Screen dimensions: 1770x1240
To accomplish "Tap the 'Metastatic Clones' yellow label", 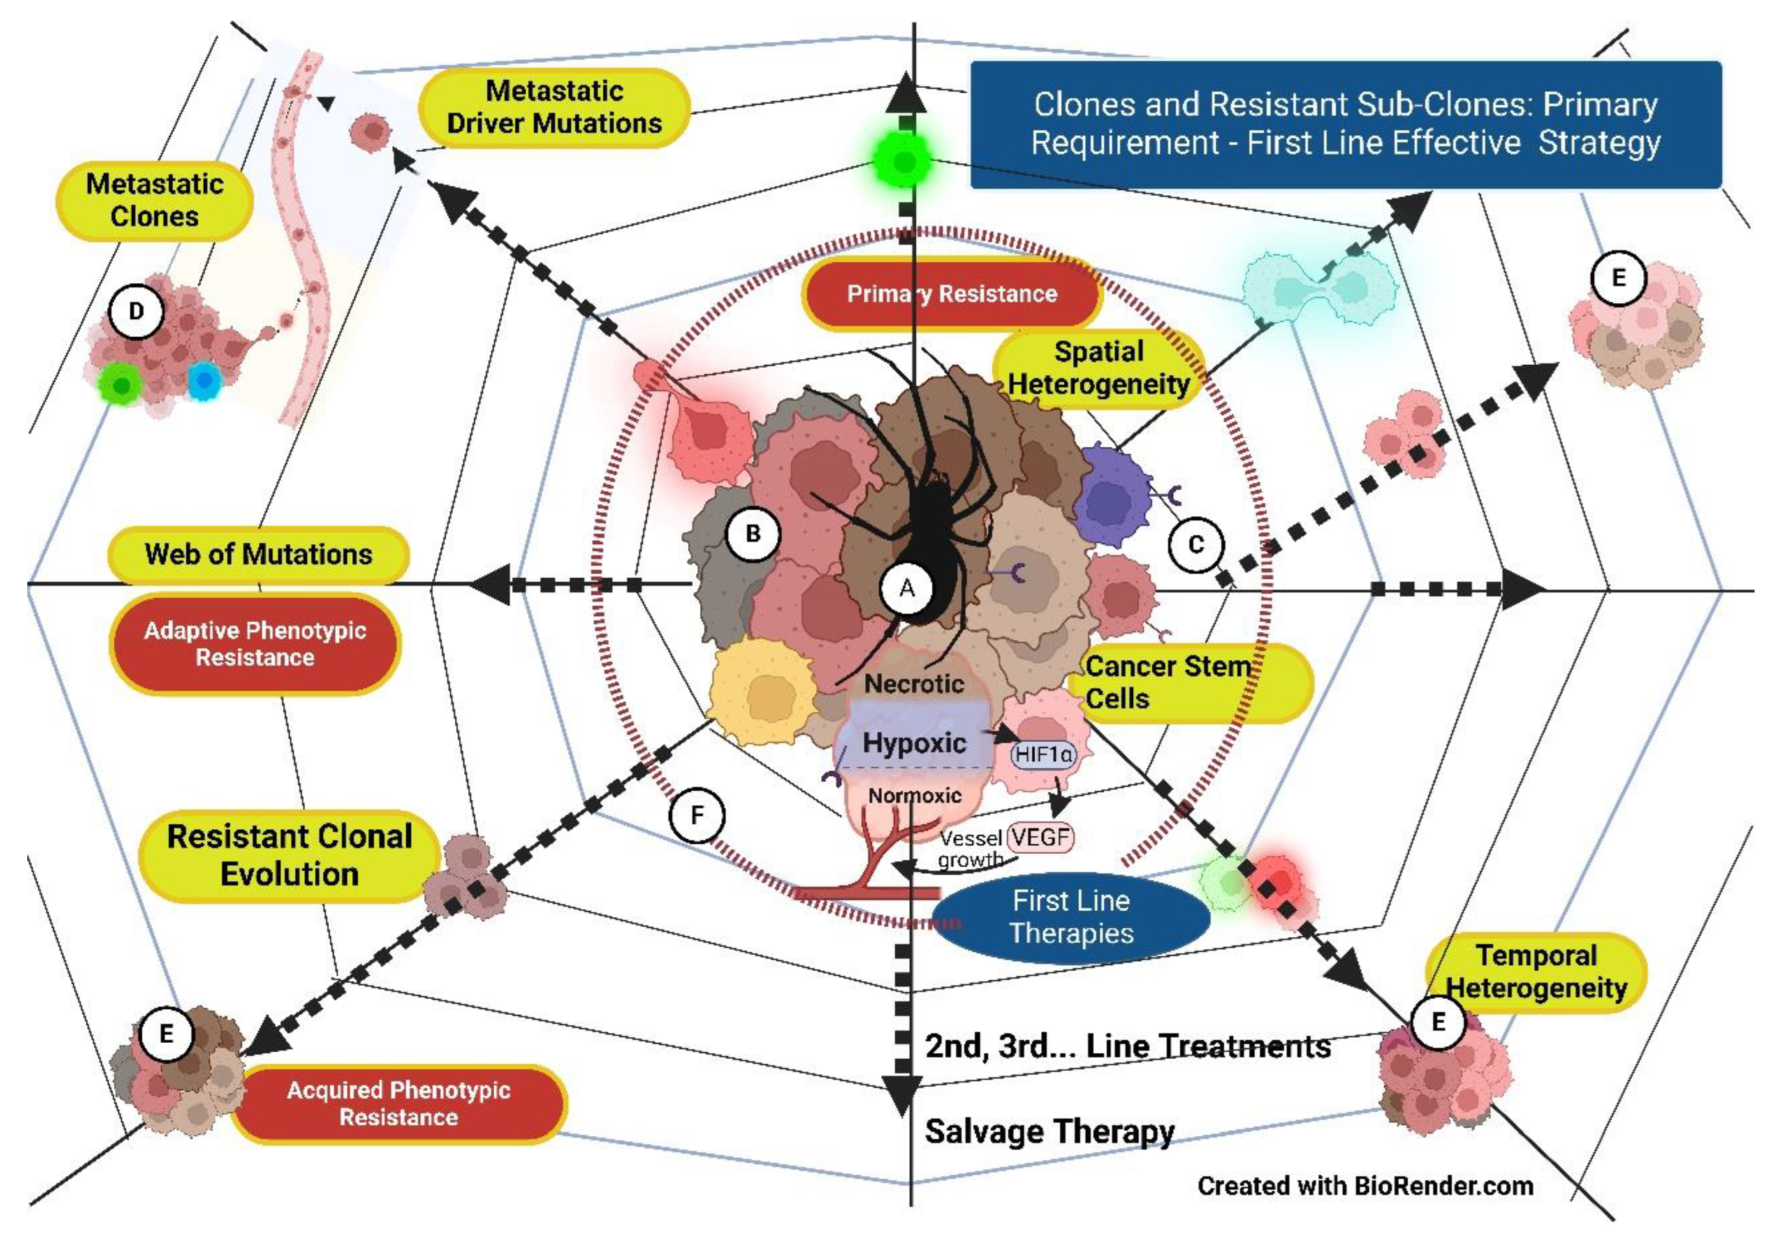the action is pyautogui.click(x=155, y=200).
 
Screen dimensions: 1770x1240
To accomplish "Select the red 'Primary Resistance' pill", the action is pyautogui.click(x=952, y=294).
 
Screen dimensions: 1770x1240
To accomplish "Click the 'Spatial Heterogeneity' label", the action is pyautogui.click(x=1099, y=369).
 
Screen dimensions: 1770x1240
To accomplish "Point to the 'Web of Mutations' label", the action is pyautogui.click(x=259, y=554).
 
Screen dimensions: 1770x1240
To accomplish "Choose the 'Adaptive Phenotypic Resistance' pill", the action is pyautogui.click(x=255, y=644).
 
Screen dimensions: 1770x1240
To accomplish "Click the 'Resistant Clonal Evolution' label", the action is pyautogui.click(x=290, y=855).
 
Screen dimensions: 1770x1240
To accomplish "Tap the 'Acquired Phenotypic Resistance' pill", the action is pyautogui.click(x=399, y=1104).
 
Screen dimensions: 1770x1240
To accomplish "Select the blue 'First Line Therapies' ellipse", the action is pyautogui.click(x=1071, y=917).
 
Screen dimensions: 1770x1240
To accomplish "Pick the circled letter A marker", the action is pyautogui.click(x=907, y=589).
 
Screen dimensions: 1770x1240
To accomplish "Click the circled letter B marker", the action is pyautogui.click(x=753, y=533).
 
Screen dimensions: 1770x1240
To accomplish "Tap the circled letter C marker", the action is pyautogui.click(x=1196, y=545).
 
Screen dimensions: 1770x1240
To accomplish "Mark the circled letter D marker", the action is pyautogui.click(x=136, y=311).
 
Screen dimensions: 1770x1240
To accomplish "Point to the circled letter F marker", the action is pyautogui.click(x=697, y=815).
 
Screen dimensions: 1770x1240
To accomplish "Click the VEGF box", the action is pyautogui.click(x=1041, y=837).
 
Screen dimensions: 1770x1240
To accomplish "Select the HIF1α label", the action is pyautogui.click(x=1043, y=754).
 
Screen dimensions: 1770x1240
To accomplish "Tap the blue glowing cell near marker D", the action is pyautogui.click(x=204, y=380).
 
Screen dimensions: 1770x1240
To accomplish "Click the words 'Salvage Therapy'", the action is pyautogui.click(x=1049, y=1132).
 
